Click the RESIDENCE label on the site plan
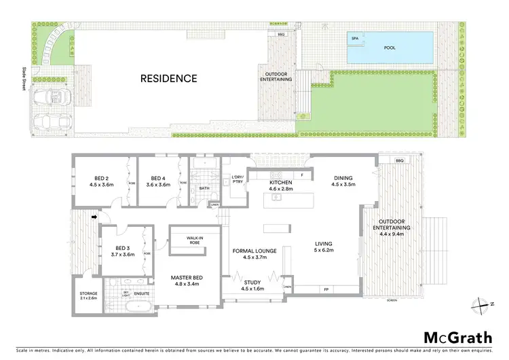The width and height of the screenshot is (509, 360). [x=168, y=78]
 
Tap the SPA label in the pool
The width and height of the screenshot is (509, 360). [x=354, y=39]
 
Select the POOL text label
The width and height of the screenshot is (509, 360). [x=390, y=48]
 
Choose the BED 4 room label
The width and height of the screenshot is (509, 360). [x=158, y=180]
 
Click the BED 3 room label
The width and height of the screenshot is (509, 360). [x=123, y=251]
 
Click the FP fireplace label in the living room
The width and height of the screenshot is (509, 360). [x=326, y=289]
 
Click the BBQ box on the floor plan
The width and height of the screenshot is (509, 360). [x=399, y=160]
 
